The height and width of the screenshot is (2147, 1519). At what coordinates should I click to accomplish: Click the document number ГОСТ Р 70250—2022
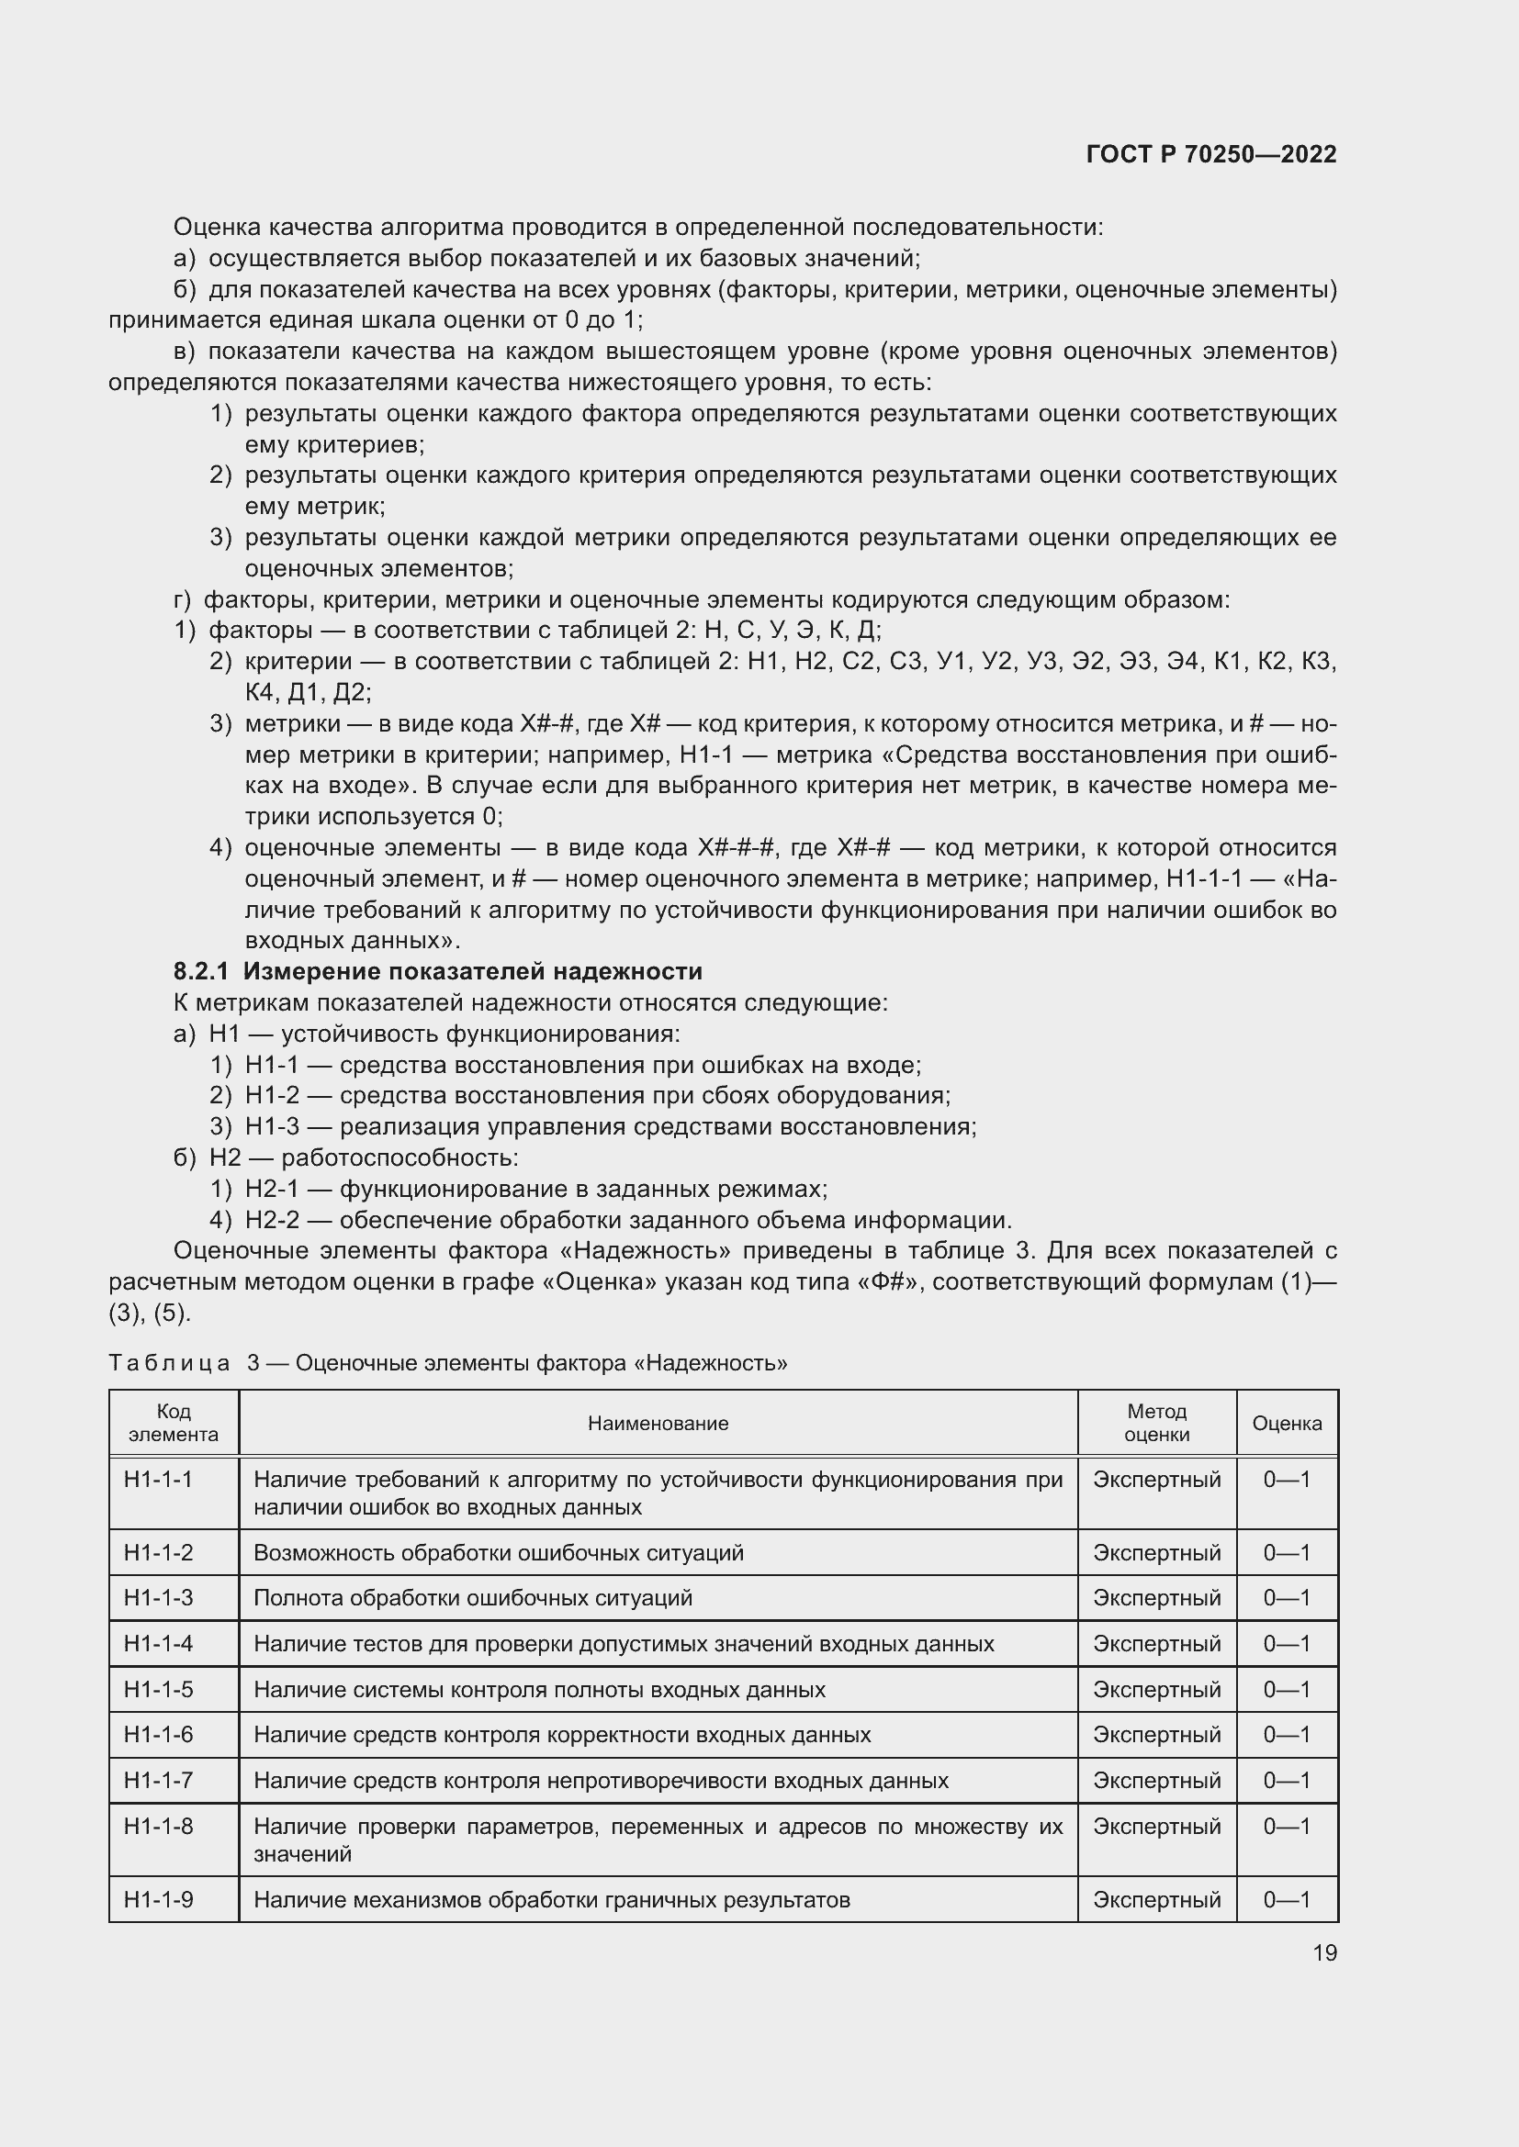1211,154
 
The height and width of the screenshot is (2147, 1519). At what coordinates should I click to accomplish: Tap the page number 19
1324,1952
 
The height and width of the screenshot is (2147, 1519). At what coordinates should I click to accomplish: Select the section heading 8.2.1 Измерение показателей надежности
438,971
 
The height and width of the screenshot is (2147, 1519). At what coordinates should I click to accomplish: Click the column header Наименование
658,1424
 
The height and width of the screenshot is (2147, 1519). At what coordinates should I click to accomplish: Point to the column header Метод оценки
1156,1424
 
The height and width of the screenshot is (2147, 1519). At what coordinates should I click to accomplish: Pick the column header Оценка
1286,1424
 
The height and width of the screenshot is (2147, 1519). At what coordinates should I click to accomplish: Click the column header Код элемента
174,1424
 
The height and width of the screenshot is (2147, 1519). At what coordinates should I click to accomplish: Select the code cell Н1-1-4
158,1643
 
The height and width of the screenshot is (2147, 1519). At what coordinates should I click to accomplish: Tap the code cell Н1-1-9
158,1899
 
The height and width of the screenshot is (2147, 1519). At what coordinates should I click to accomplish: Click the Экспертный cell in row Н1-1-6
1156,1735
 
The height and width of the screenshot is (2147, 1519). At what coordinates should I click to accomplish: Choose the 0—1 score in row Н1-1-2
1286,1552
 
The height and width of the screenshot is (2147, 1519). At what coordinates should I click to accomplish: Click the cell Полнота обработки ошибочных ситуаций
472,1597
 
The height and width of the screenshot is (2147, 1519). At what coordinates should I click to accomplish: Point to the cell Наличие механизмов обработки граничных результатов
552,1899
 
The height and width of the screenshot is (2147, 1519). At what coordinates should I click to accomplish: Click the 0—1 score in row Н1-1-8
1286,1827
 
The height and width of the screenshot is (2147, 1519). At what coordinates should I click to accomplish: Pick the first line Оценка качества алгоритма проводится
638,228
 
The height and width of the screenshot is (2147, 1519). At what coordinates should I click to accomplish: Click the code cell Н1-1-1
158,1480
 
